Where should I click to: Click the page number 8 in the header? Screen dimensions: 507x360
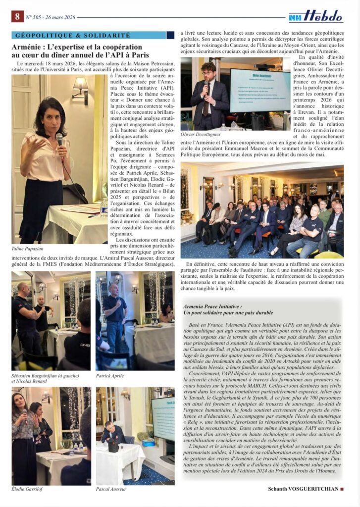coord(17,16)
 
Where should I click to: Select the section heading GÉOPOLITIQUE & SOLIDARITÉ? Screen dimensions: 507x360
coord(73,36)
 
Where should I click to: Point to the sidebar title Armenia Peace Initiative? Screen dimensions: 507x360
coord(212,307)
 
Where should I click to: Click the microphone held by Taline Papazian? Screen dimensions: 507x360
coord(59,140)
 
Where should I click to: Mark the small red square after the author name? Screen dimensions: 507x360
coord(342,489)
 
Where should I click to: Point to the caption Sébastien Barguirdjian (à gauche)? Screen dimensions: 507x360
coord(45,375)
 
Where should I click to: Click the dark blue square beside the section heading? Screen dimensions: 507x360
coord(170,35)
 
